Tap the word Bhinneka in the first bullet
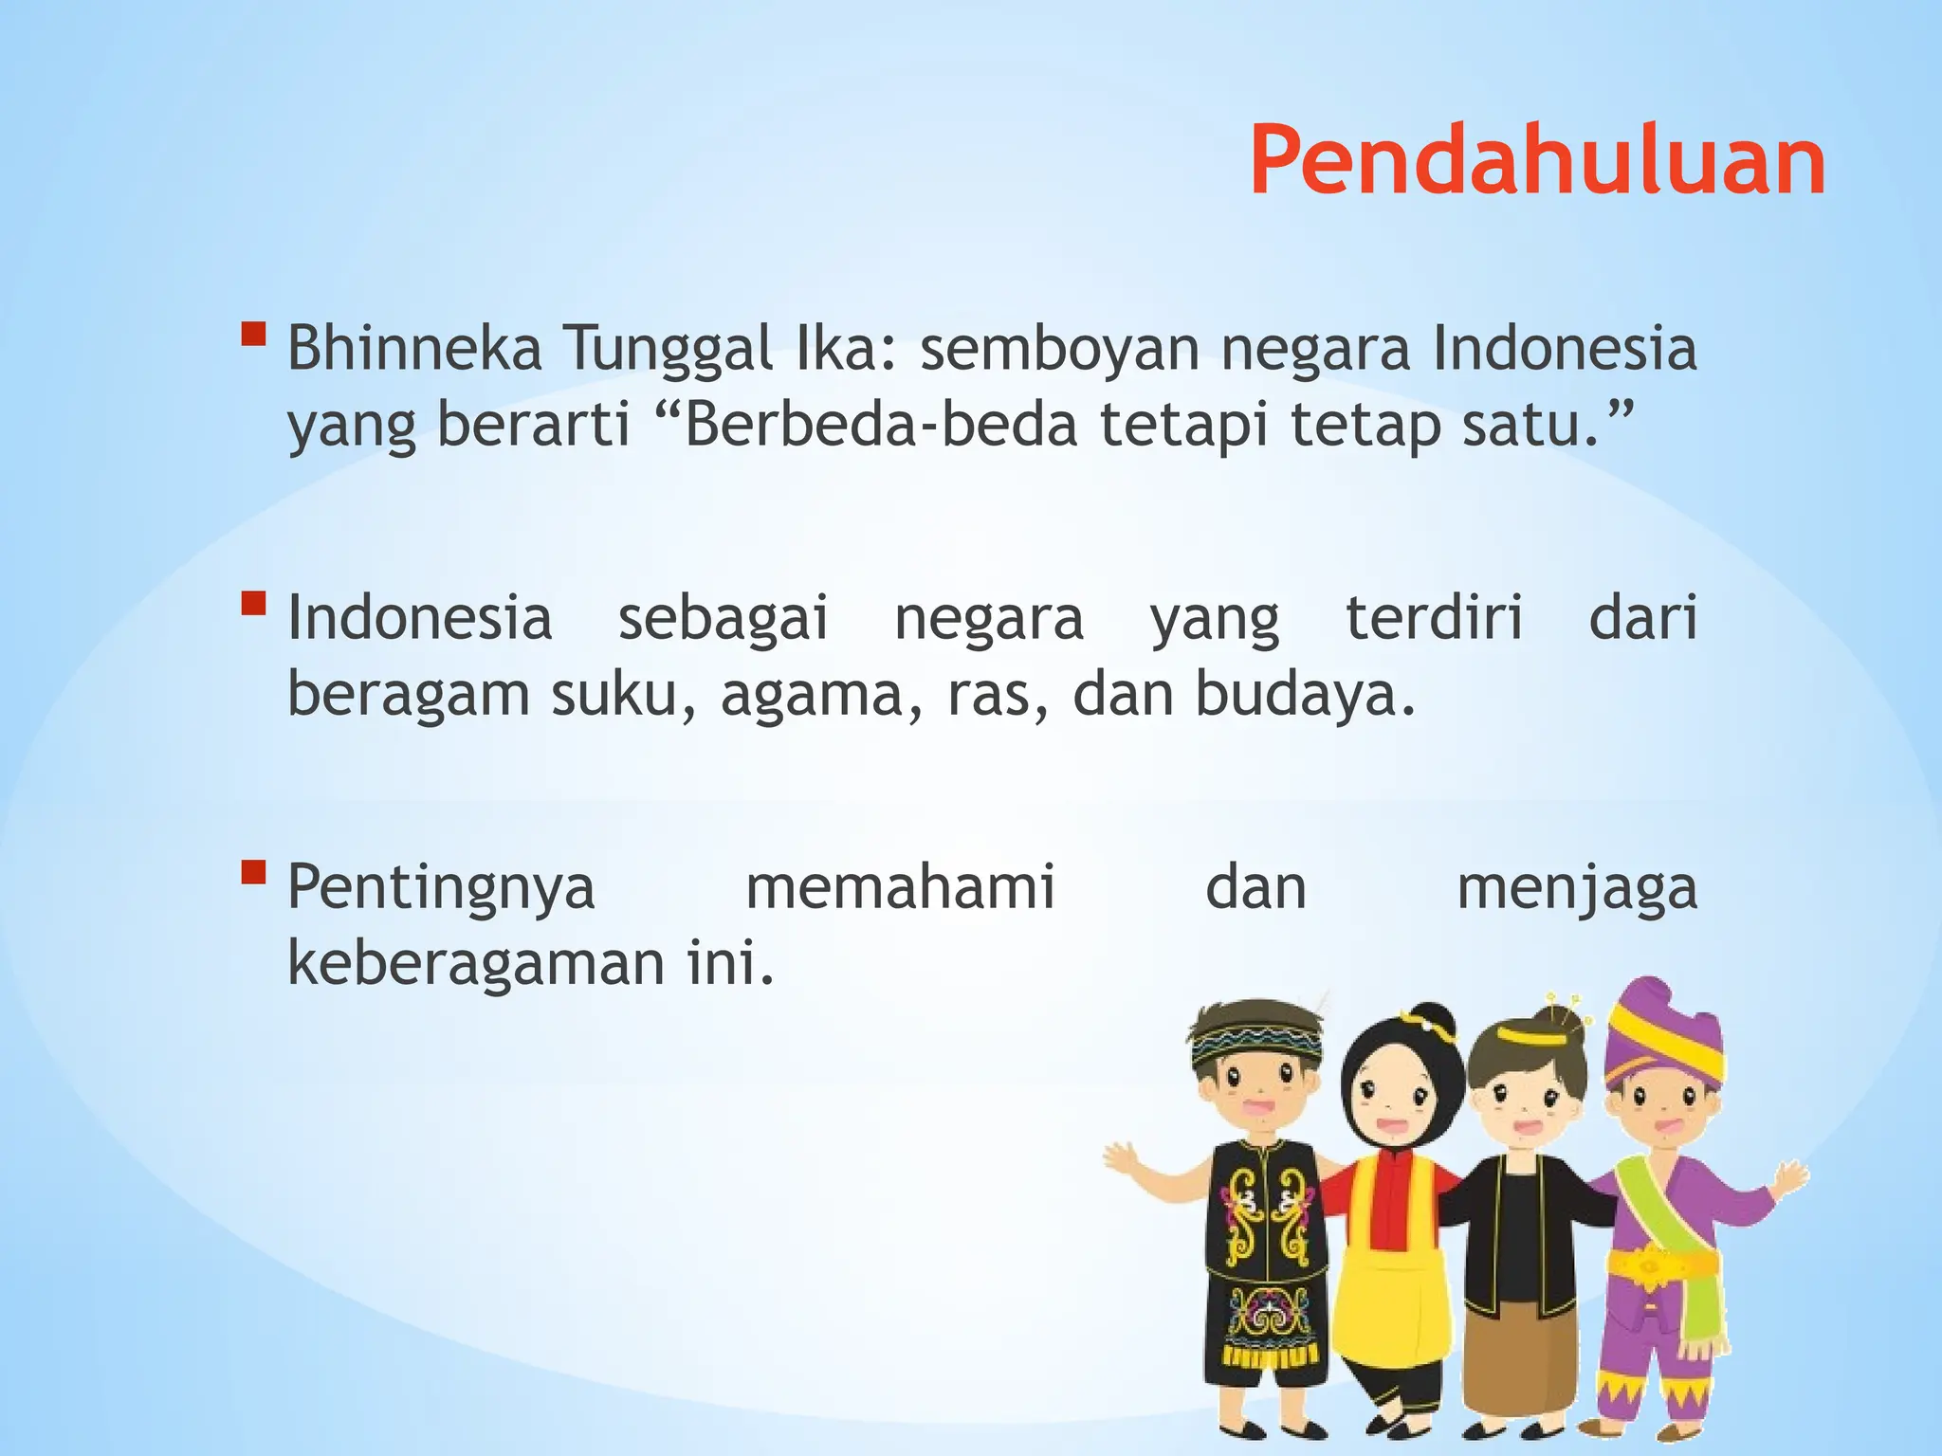point(414,348)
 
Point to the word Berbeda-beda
point(881,426)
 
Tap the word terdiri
point(1434,618)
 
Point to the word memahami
point(900,887)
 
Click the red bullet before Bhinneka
point(253,335)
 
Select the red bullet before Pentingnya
point(253,871)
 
